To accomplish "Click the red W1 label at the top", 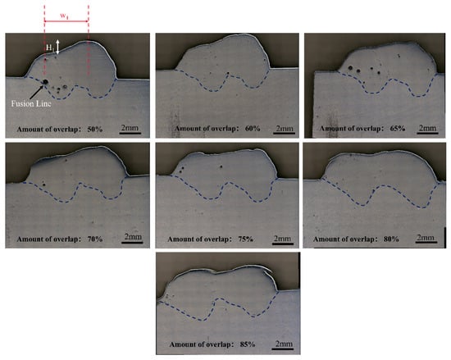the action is tap(64, 16).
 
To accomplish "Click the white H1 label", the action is tap(50, 48).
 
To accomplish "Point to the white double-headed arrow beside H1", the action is tap(58, 47).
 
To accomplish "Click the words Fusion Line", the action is tap(31, 103).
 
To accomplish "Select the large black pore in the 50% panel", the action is tap(45, 82).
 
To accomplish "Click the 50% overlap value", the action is tap(95, 129).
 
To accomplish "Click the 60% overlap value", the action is tap(253, 128).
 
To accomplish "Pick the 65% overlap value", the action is tap(398, 128).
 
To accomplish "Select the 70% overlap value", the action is tap(95, 239).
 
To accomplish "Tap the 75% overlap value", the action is tap(246, 239).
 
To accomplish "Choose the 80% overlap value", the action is tap(391, 239).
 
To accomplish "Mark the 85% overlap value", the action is tap(248, 344).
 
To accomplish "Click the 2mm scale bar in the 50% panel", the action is tap(130, 133).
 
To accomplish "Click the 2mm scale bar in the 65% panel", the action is tap(427, 133).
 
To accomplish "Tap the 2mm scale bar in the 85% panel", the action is tap(283, 349).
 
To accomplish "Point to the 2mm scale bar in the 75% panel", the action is tap(282, 244).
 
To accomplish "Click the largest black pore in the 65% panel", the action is tap(350, 68).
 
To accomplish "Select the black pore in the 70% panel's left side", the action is tap(44, 185).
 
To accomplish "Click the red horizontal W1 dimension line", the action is tap(66, 21).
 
